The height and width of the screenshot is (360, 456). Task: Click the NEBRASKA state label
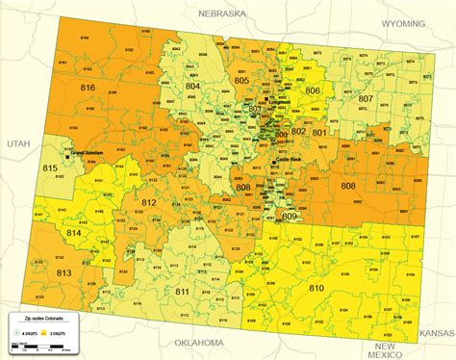click(224, 14)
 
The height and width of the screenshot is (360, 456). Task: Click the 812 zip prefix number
click(149, 201)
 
